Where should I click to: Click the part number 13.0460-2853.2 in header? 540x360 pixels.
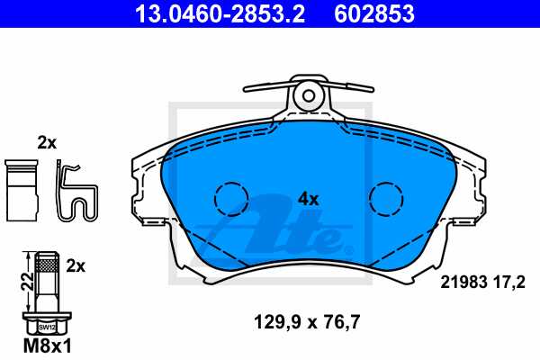220,13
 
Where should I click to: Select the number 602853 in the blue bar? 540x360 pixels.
374,13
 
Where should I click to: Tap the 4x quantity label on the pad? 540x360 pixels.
308,199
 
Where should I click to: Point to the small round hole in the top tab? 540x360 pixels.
309,95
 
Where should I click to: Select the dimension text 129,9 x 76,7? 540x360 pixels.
307,322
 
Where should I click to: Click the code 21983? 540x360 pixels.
464,283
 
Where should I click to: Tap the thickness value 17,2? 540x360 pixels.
509,283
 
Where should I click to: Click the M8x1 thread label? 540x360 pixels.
47,346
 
